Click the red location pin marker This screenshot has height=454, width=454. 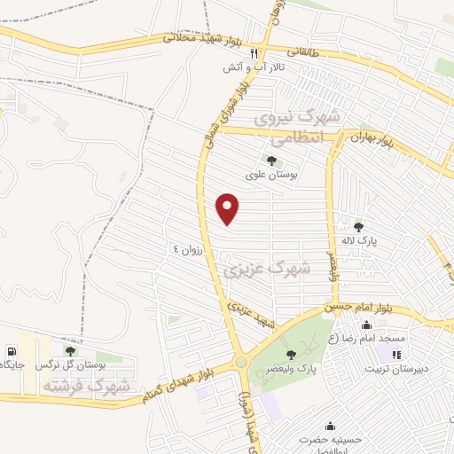228,208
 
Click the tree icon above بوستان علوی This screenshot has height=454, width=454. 271,160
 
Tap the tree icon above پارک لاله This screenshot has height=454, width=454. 358,227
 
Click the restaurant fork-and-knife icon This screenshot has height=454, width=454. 254,52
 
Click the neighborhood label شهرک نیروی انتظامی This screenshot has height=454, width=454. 296,128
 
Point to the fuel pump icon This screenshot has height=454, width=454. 11,351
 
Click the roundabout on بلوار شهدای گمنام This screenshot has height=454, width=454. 240,362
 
